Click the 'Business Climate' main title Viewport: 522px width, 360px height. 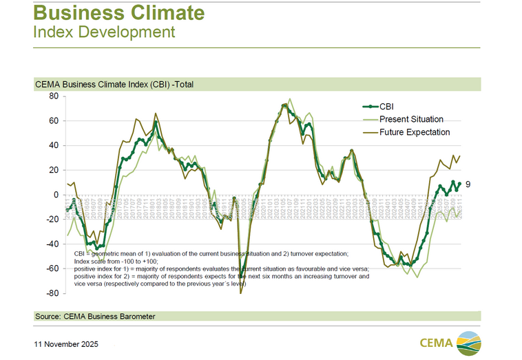(x=118, y=12)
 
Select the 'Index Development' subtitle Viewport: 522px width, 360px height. (x=104, y=32)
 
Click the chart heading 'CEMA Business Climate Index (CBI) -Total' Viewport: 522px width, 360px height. (x=114, y=85)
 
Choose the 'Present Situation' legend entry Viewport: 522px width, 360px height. (x=411, y=119)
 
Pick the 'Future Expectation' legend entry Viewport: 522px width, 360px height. (x=415, y=131)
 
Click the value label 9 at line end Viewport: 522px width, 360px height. (x=468, y=184)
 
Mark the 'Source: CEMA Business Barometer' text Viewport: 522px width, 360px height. (x=95, y=317)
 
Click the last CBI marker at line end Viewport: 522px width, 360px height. (x=459, y=184)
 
